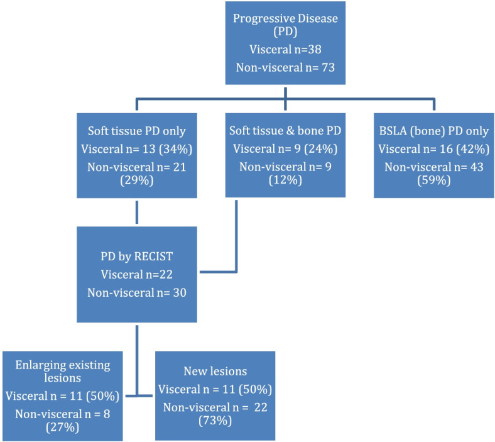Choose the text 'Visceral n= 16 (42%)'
point(433,149)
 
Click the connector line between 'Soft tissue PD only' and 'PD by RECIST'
point(136,213)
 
